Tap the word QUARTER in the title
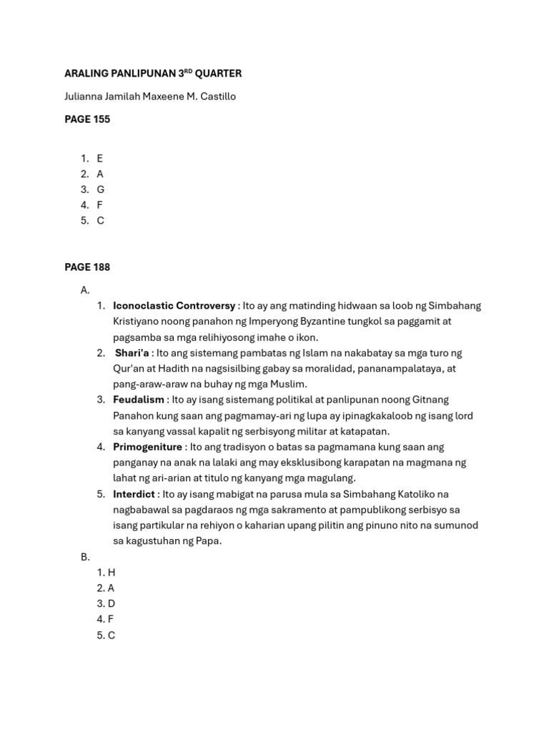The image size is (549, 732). (218, 74)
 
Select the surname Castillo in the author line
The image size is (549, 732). (213, 97)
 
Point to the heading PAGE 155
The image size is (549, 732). (87, 119)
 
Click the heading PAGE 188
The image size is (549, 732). (87, 267)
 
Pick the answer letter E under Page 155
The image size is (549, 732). (100, 158)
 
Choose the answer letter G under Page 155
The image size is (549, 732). (101, 189)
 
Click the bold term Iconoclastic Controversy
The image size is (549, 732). (174, 306)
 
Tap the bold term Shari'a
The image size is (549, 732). (132, 353)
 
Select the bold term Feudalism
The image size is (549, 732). (139, 400)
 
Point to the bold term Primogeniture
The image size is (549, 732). (147, 447)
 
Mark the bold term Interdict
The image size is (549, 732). (134, 494)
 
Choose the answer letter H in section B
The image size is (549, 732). (111, 573)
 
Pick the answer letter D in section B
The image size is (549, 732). (111, 604)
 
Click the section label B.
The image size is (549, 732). (84, 557)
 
